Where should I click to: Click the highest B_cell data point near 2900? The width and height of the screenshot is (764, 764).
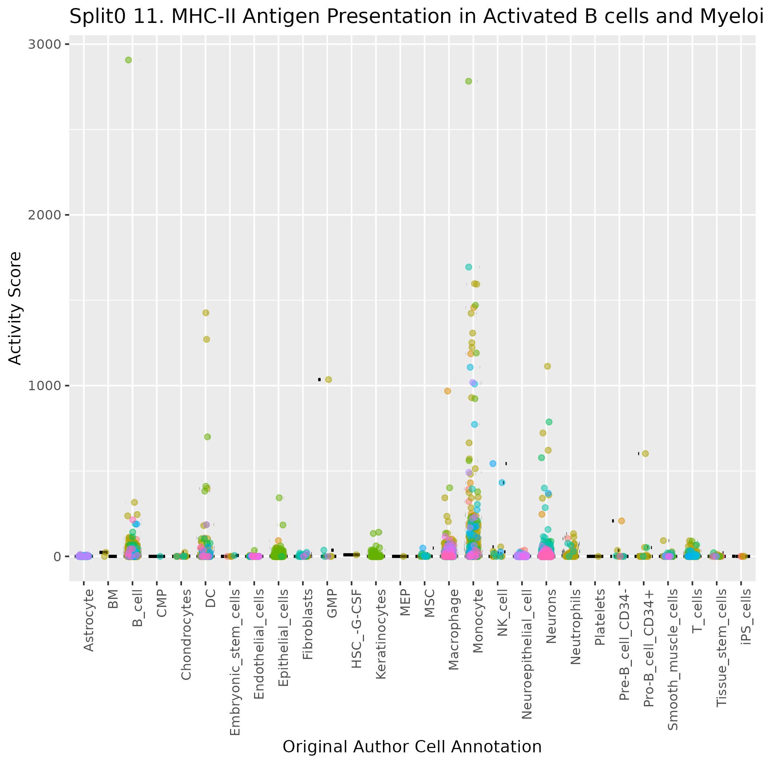click(128, 60)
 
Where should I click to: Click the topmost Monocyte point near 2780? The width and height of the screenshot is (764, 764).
click(468, 81)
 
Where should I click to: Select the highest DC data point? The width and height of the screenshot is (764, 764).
click(206, 313)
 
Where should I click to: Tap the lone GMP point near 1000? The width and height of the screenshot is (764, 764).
click(329, 380)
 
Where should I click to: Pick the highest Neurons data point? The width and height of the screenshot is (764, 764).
click(548, 366)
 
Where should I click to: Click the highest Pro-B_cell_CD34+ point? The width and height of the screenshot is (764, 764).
click(645, 454)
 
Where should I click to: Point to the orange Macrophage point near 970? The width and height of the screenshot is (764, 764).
click(448, 391)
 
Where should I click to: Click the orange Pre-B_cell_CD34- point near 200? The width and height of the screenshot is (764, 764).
click(622, 521)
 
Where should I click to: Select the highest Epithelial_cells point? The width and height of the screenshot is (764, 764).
click(279, 498)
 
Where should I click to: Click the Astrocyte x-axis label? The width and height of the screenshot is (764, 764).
click(89, 620)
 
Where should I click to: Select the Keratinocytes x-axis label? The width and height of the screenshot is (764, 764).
click(381, 634)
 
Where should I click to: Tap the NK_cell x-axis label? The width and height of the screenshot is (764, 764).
click(502, 613)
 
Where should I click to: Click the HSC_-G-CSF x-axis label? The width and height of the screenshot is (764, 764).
click(357, 629)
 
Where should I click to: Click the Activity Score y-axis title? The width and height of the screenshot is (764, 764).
click(15, 308)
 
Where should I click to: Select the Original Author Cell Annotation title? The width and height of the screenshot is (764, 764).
click(412, 747)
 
